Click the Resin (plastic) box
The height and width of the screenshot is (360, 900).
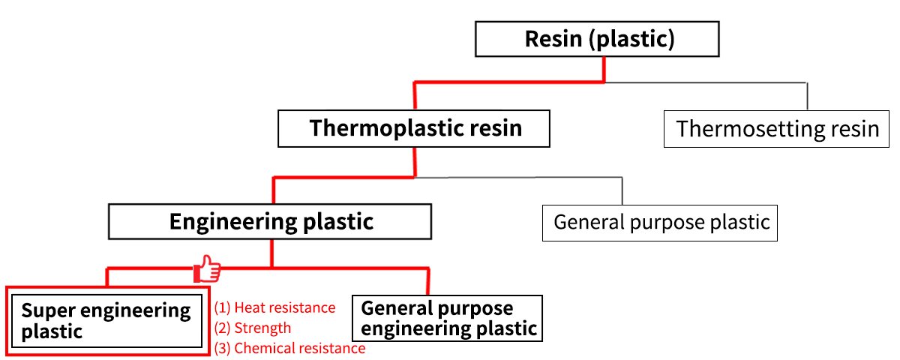click(x=597, y=39)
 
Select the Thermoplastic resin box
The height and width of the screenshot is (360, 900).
click(x=414, y=128)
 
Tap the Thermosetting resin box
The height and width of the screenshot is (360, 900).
click(x=776, y=129)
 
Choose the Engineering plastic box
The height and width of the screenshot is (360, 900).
click(x=270, y=222)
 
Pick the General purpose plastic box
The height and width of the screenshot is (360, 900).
click(x=660, y=223)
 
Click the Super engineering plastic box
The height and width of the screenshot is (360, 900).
click(x=106, y=321)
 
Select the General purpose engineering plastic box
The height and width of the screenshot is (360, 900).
click(x=447, y=318)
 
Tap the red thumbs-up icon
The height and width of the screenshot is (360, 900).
click(x=207, y=268)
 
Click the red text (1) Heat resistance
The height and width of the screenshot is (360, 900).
click(x=274, y=307)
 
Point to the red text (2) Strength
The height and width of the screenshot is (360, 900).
click(x=253, y=328)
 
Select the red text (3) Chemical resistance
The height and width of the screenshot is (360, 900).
click(x=289, y=348)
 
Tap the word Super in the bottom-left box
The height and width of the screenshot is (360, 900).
click(x=48, y=311)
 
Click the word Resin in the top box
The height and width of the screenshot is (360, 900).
click(x=553, y=39)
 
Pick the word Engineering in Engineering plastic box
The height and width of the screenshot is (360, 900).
click(x=233, y=222)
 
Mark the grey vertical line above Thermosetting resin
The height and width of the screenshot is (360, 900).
click(x=807, y=97)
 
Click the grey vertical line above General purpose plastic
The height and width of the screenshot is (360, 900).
click(x=622, y=191)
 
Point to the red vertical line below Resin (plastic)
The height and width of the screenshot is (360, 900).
click(x=604, y=70)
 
